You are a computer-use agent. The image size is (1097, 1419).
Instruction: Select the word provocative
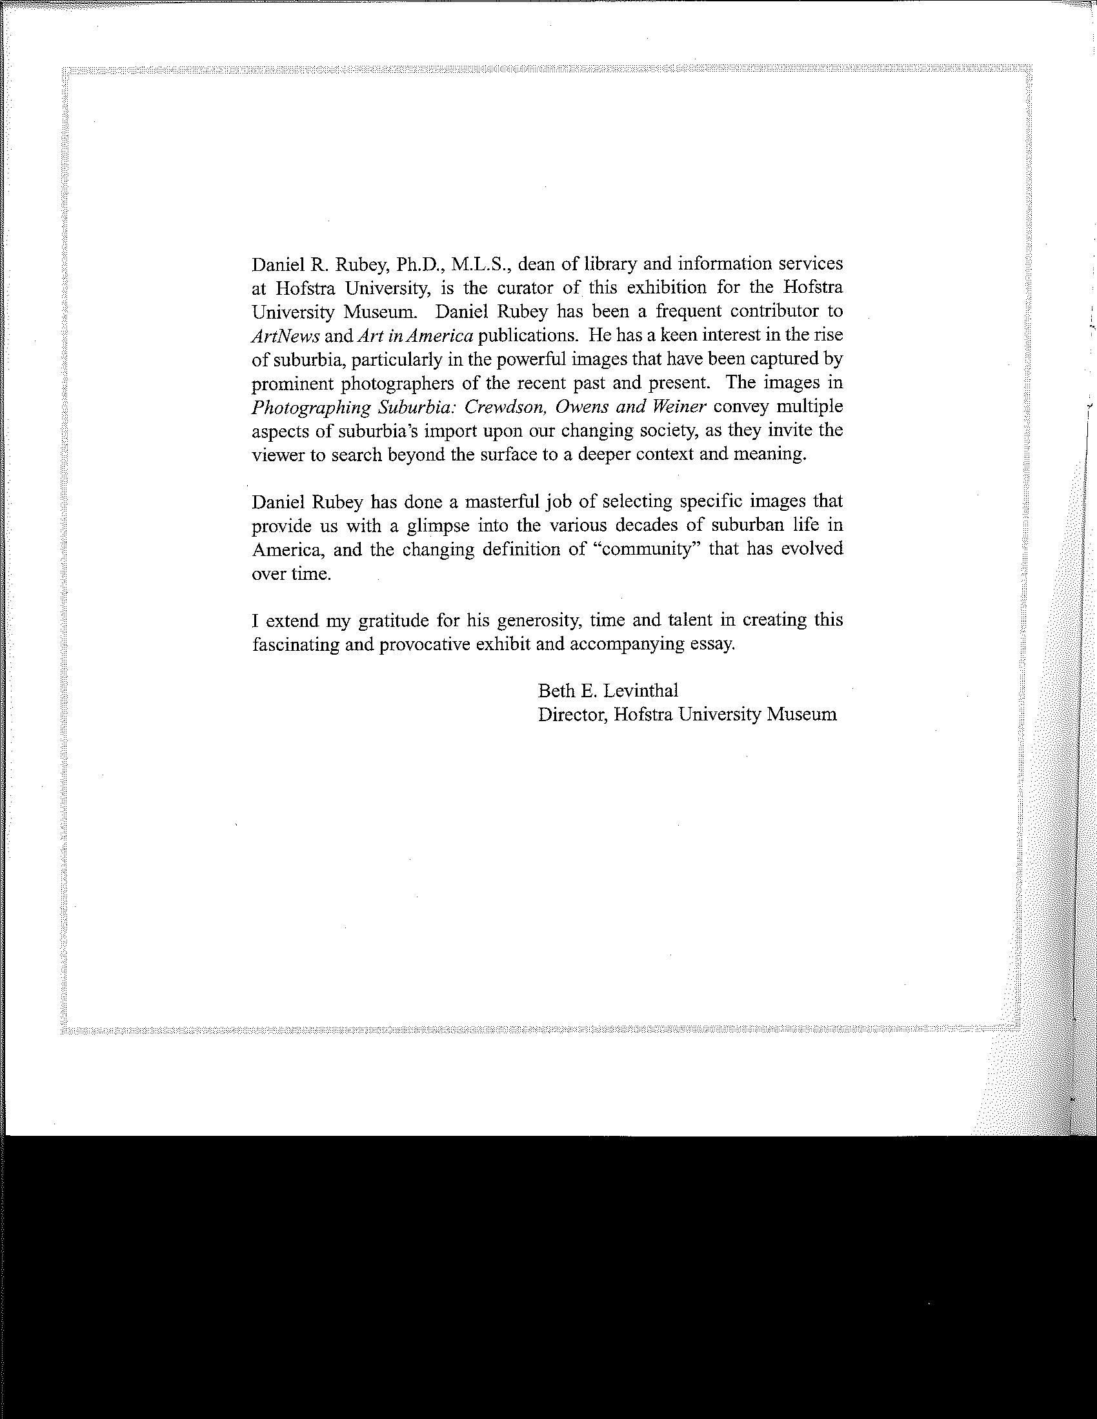[x=425, y=644]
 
